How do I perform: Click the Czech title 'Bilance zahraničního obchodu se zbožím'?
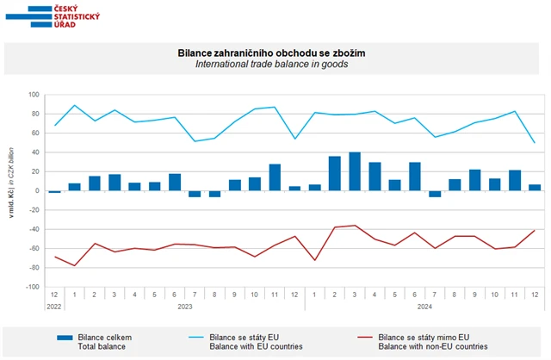tap(271, 53)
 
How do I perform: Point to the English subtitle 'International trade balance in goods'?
tap(271, 65)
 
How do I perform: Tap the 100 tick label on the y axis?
tap(34, 95)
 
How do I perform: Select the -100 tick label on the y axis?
tap(34, 287)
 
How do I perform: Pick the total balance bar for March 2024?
tap(354, 171)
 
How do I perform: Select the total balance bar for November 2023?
tap(275, 177)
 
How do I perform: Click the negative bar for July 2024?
tap(434, 194)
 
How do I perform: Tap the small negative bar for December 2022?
tap(55, 192)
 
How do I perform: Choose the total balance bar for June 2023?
tap(175, 182)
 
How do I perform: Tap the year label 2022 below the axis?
tap(54, 306)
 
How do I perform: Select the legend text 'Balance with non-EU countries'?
tap(433, 346)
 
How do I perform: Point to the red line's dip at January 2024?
tap(314, 260)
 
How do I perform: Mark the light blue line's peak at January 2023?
tap(75, 105)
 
